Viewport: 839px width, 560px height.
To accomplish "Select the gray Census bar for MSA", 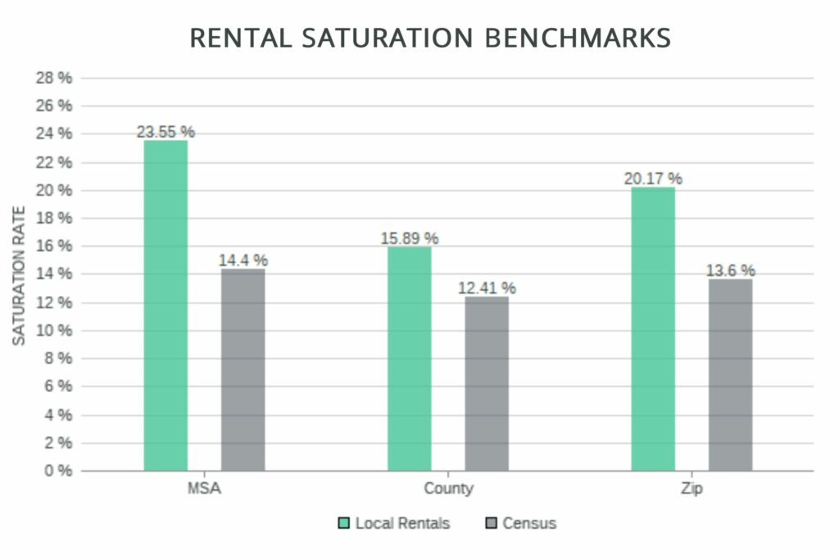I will pyautogui.click(x=243, y=370).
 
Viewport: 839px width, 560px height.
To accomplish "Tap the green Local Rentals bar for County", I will pyautogui.click(x=409, y=358).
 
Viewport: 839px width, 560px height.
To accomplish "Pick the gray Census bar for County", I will pyautogui.click(x=487, y=384).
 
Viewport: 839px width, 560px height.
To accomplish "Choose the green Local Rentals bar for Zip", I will pyautogui.click(x=653, y=329).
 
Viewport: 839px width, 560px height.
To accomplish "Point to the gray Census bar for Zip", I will pyautogui.click(x=730, y=375).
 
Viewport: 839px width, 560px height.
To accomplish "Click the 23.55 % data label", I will pyautogui.click(x=166, y=131).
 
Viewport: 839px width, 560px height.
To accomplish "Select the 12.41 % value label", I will pyautogui.click(x=487, y=288).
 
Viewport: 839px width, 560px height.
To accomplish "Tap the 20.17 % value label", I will pyautogui.click(x=653, y=178).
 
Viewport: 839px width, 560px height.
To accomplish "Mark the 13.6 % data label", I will pyautogui.click(x=730, y=270).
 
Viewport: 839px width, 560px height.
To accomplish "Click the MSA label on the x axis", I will pyautogui.click(x=204, y=489).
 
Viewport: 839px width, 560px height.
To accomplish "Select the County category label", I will pyautogui.click(x=448, y=489).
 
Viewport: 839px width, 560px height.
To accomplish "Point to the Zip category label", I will pyautogui.click(x=692, y=489).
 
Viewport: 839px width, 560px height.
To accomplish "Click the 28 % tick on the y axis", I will pyautogui.click(x=54, y=78).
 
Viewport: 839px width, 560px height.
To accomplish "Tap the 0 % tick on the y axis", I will pyautogui.click(x=57, y=471).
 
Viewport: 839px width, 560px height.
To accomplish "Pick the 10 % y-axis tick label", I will pyautogui.click(x=54, y=330).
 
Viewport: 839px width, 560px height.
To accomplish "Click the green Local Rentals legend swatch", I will pyautogui.click(x=344, y=523).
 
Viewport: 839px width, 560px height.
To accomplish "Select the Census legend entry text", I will pyautogui.click(x=529, y=523).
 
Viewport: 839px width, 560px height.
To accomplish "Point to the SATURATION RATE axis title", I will pyautogui.click(x=19, y=275).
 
